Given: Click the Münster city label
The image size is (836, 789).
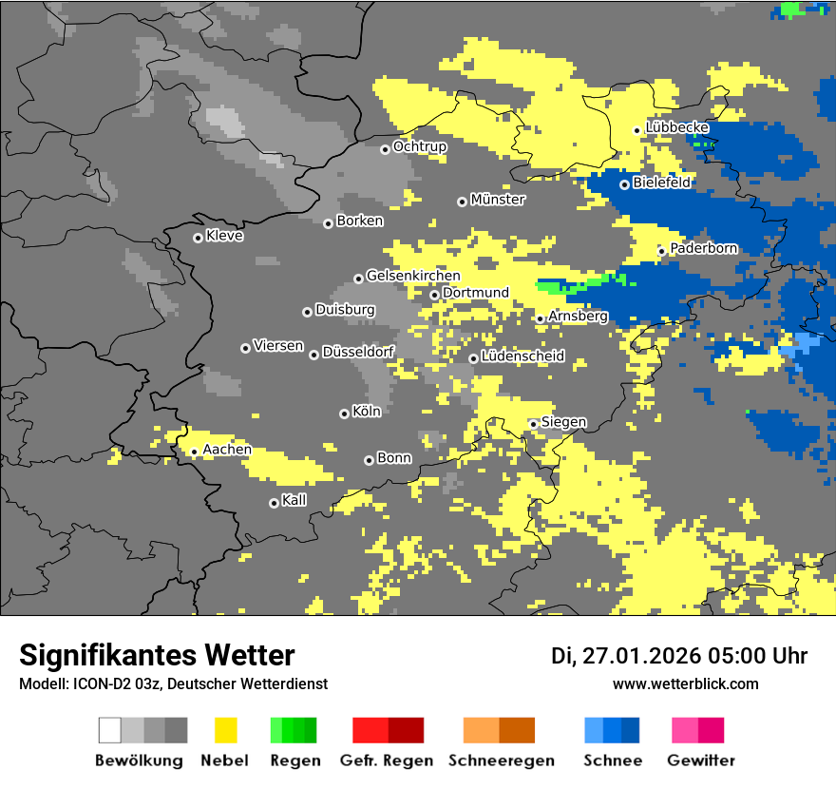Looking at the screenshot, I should [x=498, y=200].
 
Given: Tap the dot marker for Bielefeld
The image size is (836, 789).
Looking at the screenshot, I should [x=624, y=184].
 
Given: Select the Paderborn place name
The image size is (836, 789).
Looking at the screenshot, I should [x=703, y=248].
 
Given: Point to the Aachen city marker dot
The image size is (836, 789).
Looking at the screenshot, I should [x=194, y=452].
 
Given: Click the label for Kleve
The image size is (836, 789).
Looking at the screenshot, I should [x=224, y=236].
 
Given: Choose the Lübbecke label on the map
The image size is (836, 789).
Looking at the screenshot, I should [x=676, y=127].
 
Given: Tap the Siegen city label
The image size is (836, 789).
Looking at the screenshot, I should [x=563, y=422].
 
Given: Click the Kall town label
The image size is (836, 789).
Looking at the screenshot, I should [x=294, y=500].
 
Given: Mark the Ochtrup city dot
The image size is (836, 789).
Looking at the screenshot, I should [x=385, y=149].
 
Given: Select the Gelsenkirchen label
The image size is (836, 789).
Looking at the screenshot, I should [x=413, y=276].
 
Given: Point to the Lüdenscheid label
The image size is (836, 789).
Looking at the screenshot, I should [x=522, y=356].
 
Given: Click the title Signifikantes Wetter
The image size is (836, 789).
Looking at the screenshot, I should [x=157, y=655].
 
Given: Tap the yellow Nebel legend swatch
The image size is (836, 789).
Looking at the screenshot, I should [x=225, y=730].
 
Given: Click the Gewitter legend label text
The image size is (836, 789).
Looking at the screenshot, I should [x=701, y=760].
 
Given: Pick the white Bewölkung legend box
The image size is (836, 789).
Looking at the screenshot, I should [x=110, y=730].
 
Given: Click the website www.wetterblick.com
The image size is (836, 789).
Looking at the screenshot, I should [x=685, y=684].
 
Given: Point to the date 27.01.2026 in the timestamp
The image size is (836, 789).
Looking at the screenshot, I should [x=639, y=656].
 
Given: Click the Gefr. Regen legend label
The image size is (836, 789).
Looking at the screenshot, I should [x=387, y=760].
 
